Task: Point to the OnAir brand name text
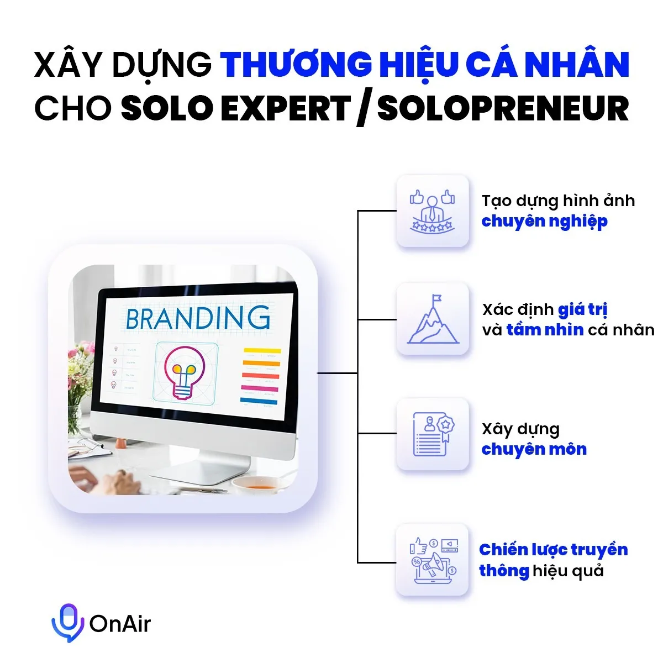click(x=120, y=624)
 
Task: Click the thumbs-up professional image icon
click(x=432, y=212)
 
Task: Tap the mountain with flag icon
click(x=433, y=319)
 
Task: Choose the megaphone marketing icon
click(x=433, y=561)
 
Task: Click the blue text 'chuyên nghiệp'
click(x=544, y=222)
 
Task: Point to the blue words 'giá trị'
click(x=582, y=309)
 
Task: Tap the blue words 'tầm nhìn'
click(x=545, y=330)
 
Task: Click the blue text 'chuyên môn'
click(x=534, y=449)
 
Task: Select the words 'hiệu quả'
click(x=568, y=571)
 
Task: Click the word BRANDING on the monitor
click(x=198, y=319)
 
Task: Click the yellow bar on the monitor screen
click(x=262, y=351)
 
